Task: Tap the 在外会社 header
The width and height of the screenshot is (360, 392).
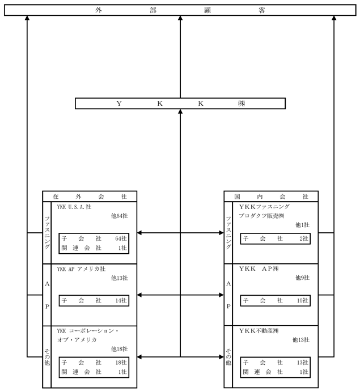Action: (90, 197)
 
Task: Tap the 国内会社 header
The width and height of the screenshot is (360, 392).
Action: (271, 197)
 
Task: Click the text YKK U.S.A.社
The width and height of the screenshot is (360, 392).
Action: (74, 207)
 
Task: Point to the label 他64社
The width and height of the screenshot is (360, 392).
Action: (120, 216)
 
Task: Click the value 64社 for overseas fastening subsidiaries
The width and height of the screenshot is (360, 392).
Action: (121, 238)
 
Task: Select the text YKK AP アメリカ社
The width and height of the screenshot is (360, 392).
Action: (81, 269)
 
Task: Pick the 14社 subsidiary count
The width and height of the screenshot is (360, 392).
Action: (121, 300)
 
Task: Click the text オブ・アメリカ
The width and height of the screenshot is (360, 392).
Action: (77, 340)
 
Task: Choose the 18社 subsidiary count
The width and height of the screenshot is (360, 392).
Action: (121, 362)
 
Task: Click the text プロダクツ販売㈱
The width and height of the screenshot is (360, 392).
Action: (261, 216)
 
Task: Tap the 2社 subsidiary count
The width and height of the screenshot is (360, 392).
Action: (304, 238)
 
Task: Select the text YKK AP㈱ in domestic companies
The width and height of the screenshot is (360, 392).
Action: (259, 269)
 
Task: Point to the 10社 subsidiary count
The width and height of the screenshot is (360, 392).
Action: (303, 300)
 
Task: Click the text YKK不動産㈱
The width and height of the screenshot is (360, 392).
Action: (259, 331)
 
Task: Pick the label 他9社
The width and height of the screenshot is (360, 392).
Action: (302, 278)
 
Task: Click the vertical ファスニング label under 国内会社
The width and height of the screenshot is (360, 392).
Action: (228, 233)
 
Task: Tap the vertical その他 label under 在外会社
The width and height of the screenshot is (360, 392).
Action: (47, 357)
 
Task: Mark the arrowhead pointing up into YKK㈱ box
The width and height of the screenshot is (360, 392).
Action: (180, 112)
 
